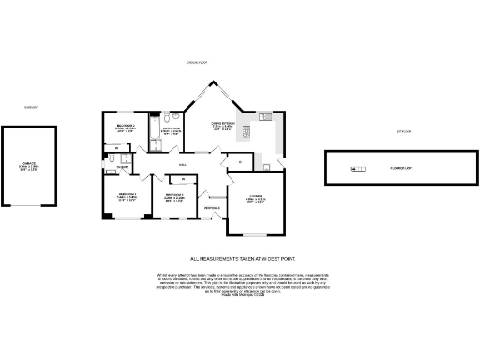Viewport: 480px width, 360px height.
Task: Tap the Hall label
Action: click(184, 163)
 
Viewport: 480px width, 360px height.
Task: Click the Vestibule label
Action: click(213, 206)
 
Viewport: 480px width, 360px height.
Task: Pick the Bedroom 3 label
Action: click(171, 197)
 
